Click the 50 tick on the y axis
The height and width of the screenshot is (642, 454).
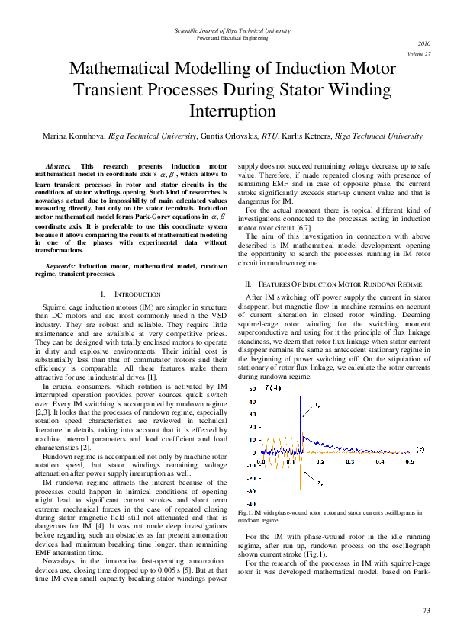tap(253, 390)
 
